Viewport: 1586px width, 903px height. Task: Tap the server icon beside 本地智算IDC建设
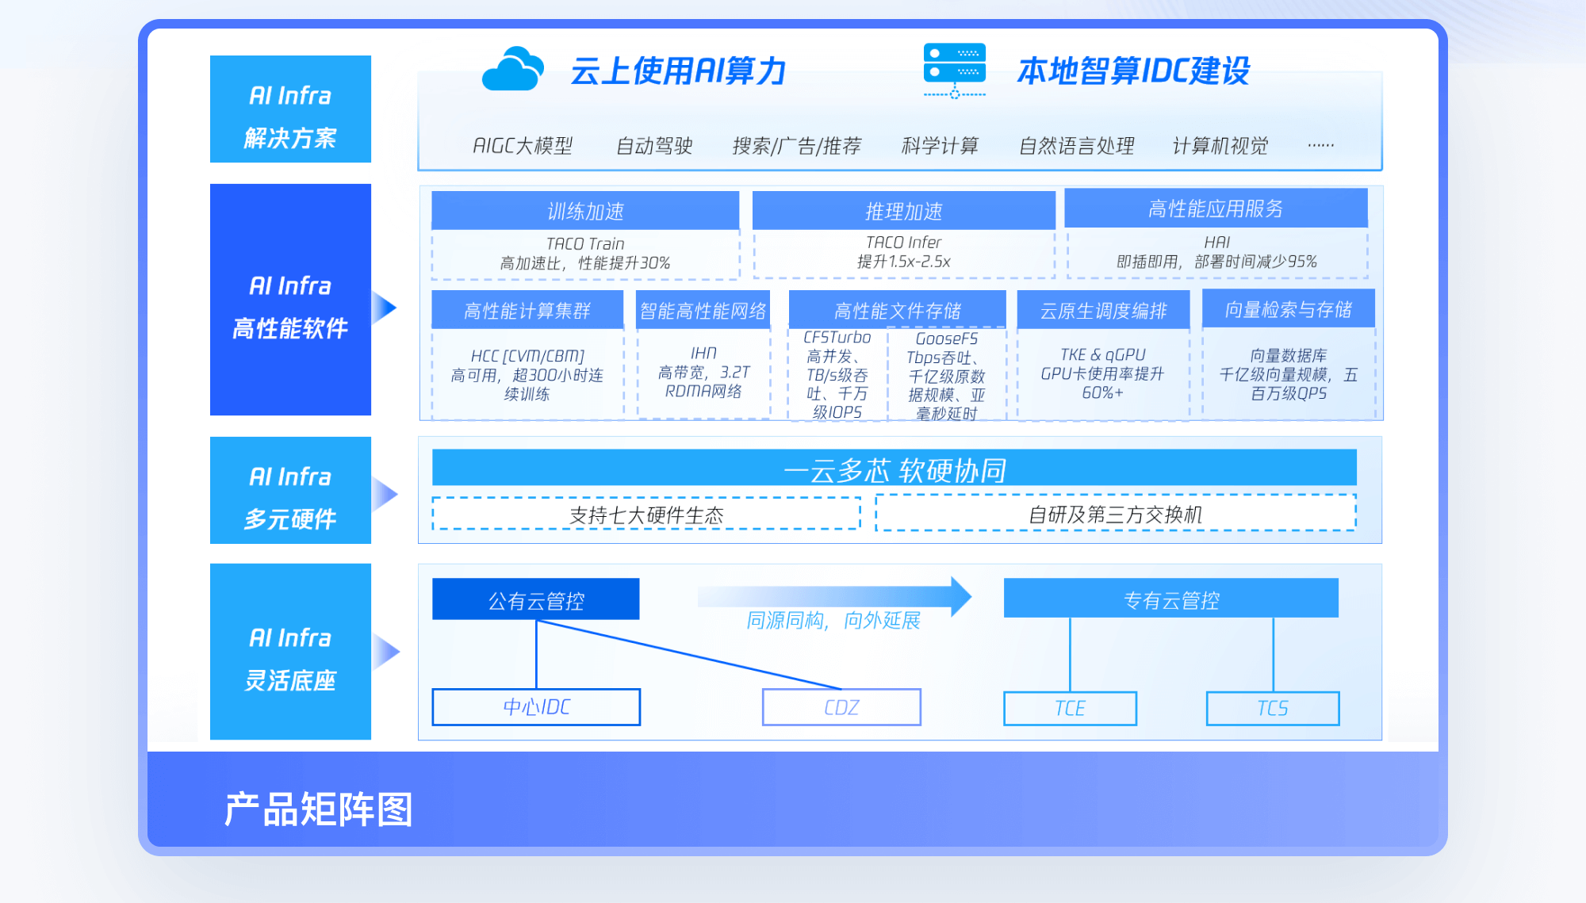(x=955, y=71)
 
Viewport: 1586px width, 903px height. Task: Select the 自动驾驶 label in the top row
(x=654, y=146)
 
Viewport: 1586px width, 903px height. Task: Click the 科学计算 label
(x=940, y=146)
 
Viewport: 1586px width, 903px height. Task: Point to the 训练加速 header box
(x=585, y=211)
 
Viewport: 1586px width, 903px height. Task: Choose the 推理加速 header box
(x=903, y=211)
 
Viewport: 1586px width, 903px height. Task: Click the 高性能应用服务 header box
(x=1216, y=208)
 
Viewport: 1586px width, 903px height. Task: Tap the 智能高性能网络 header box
(x=703, y=310)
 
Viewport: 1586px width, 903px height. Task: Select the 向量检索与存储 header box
(x=1289, y=308)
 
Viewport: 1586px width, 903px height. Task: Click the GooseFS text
(x=947, y=339)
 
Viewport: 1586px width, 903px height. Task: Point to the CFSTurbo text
(x=837, y=338)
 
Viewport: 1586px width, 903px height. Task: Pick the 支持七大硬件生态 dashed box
(x=646, y=514)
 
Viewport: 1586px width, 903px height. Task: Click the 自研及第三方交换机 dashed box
(x=1116, y=513)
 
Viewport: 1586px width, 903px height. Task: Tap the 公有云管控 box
(x=536, y=599)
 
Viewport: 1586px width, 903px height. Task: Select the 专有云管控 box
(x=1171, y=599)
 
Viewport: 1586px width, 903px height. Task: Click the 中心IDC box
(x=536, y=706)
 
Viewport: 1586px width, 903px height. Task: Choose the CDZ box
(x=841, y=707)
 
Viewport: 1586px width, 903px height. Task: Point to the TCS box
(x=1273, y=708)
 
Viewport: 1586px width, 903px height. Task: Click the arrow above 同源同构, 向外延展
(x=835, y=596)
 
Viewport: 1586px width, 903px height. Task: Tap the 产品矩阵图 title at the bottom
(x=319, y=809)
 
